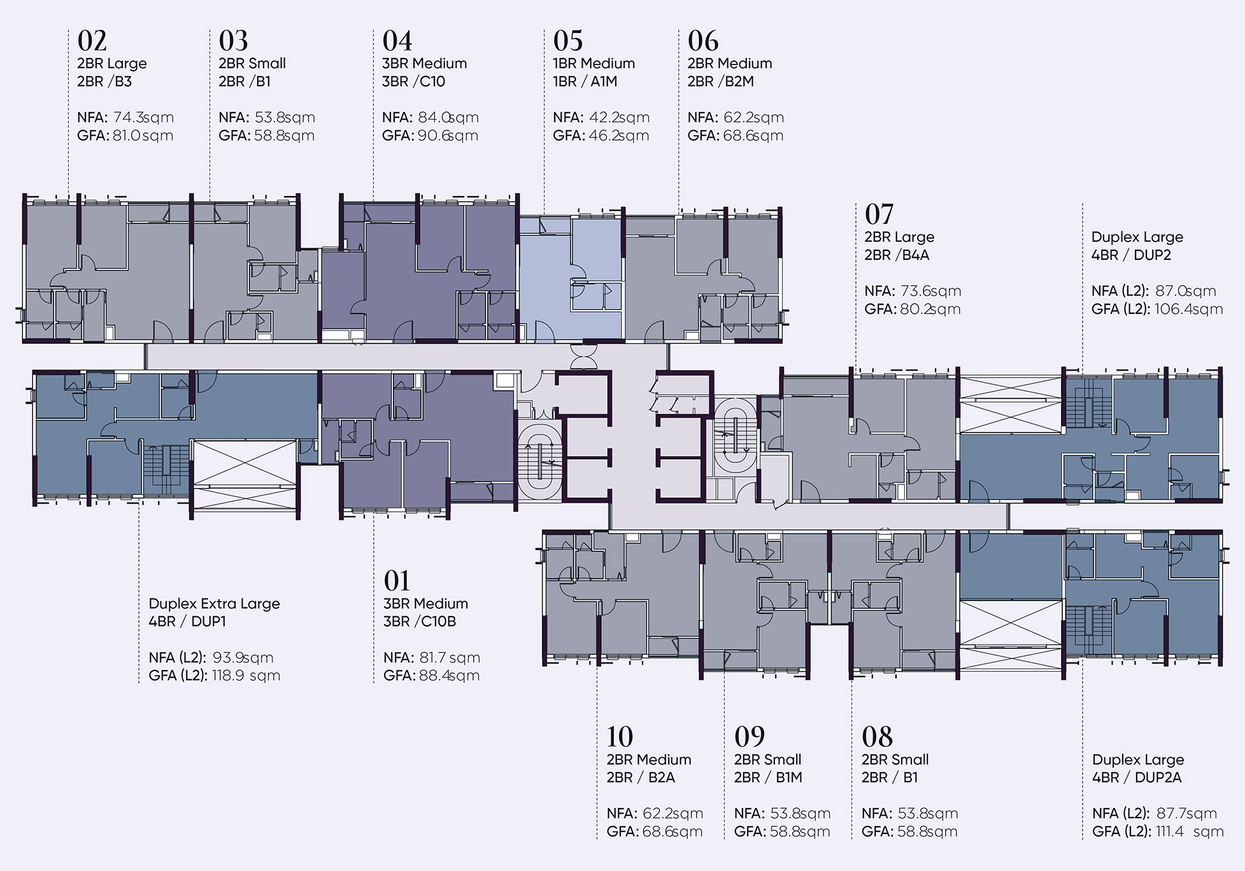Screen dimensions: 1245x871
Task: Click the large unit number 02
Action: click(x=92, y=41)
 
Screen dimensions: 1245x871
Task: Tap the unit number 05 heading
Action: click(x=568, y=41)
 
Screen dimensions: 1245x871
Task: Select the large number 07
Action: click(x=879, y=215)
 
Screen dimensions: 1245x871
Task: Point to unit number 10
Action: click(x=620, y=737)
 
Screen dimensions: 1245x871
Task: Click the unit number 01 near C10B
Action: click(x=397, y=581)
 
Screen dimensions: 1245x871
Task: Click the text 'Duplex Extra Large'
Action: click(x=214, y=604)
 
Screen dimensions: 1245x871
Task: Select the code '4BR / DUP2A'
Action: click(x=1137, y=777)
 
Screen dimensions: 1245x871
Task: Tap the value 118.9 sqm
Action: click(x=246, y=676)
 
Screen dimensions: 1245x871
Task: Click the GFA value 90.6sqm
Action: click(x=447, y=136)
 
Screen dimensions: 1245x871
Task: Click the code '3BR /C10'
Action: click(x=414, y=81)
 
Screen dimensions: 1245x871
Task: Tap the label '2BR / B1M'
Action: click(x=768, y=777)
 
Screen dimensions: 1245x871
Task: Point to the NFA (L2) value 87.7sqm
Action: click(x=1186, y=814)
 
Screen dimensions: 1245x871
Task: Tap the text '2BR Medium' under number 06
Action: click(x=730, y=64)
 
